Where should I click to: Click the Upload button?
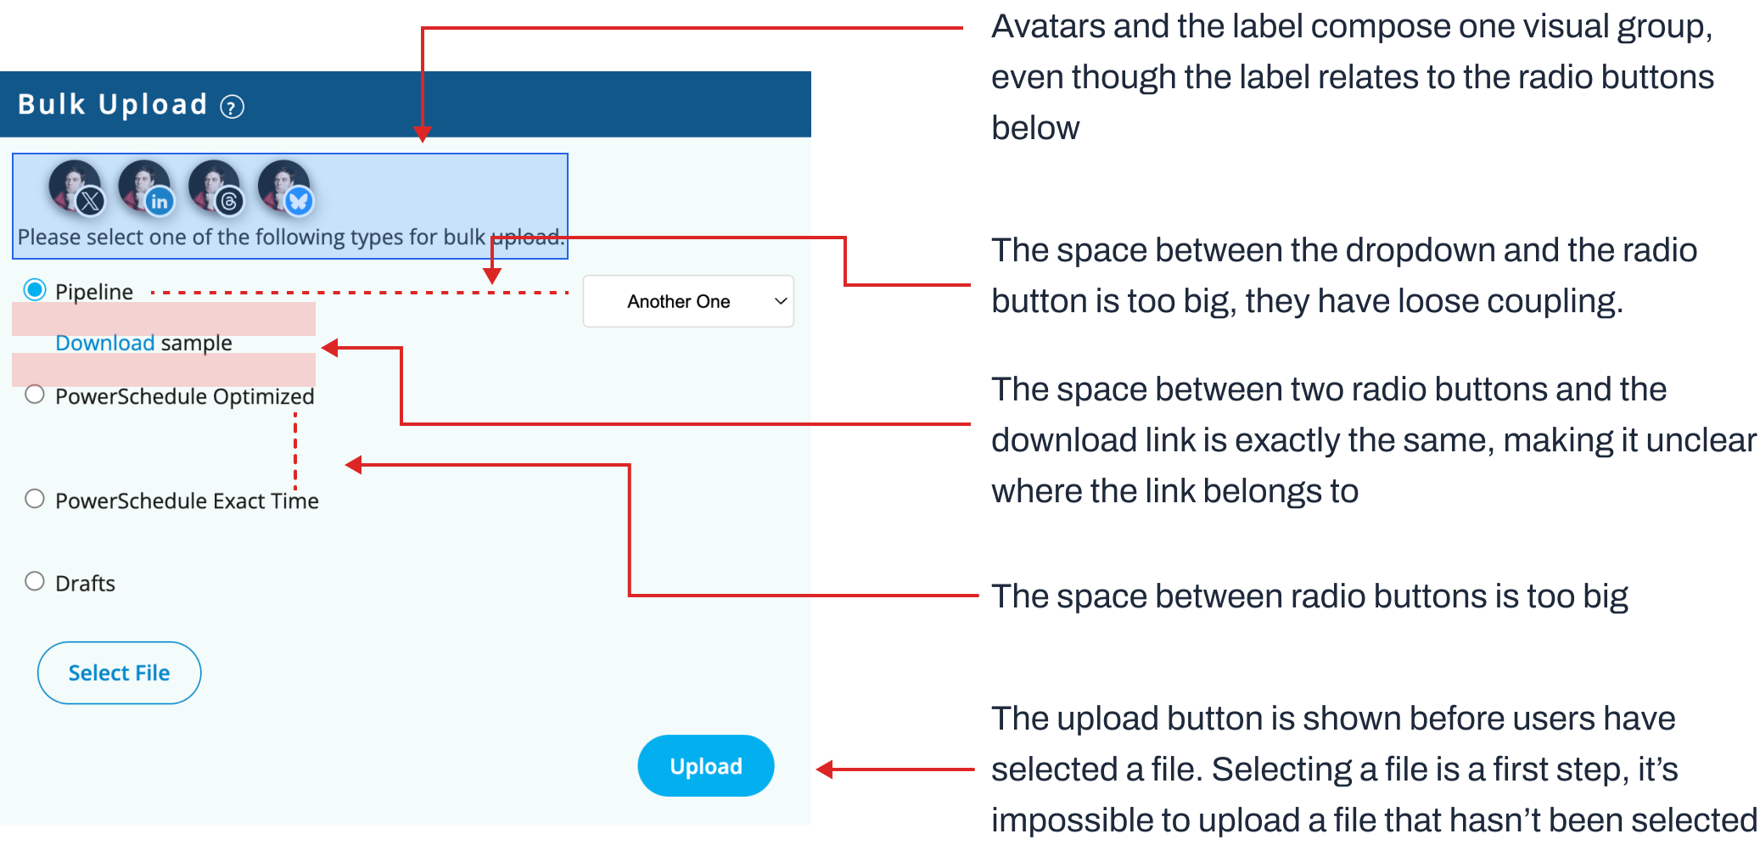click(x=705, y=765)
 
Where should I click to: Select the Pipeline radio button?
click(x=35, y=290)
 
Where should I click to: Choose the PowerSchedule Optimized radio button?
click(x=35, y=395)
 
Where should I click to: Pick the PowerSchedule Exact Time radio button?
click(x=35, y=499)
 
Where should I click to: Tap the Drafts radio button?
click(x=35, y=581)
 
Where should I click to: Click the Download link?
click(x=104, y=343)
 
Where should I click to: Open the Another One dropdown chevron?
click(x=781, y=301)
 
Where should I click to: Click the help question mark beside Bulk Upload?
click(x=232, y=107)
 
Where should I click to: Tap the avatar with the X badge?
click(x=76, y=186)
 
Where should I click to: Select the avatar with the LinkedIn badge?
click(x=145, y=186)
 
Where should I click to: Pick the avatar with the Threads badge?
click(x=215, y=186)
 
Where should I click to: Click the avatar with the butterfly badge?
click(x=285, y=186)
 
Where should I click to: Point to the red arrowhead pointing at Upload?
click(x=824, y=769)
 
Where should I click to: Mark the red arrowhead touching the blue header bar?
click(x=423, y=134)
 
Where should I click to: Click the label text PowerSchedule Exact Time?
click(x=187, y=501)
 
